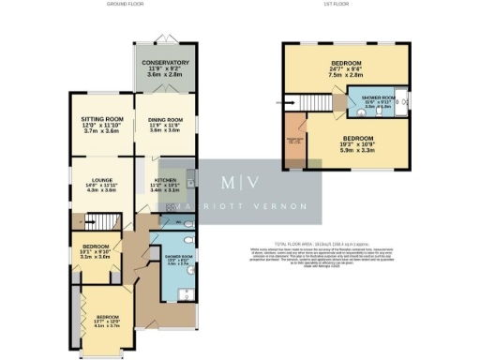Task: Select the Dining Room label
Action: click(166, 125)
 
